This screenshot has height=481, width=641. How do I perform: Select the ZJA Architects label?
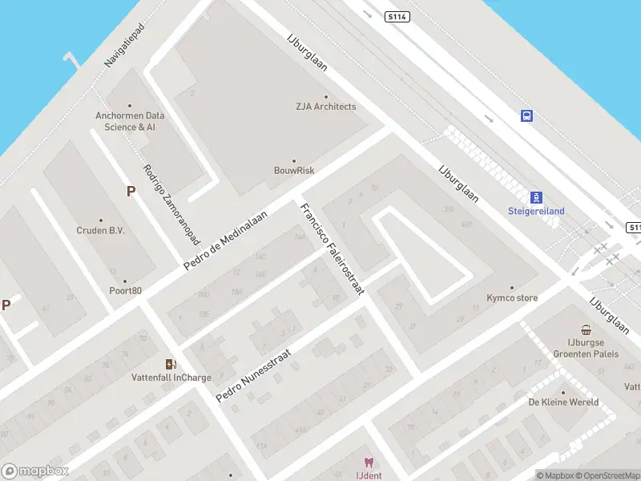click(x=325, y=107)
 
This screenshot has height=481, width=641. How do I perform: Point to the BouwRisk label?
click(x=294, y=170)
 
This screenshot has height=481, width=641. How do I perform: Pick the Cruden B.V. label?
click(x=101, y=230)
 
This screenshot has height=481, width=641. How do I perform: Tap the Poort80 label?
click(x=126, y=290)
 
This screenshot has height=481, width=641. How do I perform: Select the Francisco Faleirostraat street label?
click(x=332, y=249)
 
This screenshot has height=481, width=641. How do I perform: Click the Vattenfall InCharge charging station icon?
click(x=171, y=364)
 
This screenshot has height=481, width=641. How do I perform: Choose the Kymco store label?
click(x=512, y=297)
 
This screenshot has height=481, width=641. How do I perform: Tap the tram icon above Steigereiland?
click(x=536, y=197)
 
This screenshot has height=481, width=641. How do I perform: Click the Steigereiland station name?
click(x=536, y=212)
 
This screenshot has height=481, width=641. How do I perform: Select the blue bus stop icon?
click(x=526, y=116)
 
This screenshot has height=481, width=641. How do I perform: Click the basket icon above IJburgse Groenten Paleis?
click(x=587, y=330)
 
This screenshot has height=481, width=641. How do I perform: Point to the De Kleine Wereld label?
click(x=563, y=402)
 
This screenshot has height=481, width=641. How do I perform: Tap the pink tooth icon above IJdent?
click(x=369, y=463)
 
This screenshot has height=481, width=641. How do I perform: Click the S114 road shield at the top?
click(x=397, y=17)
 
